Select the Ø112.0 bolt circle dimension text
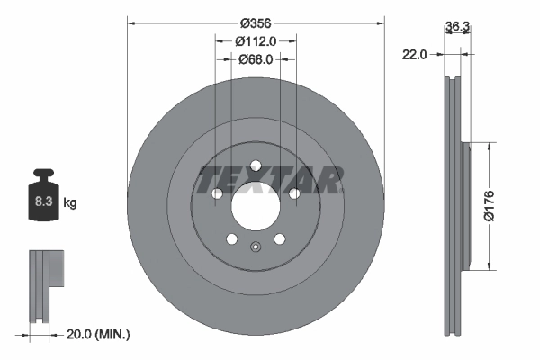pyautogui.click(x=255, y=40)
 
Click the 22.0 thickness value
pyautogui.click(x=414, y=55)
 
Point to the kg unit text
pyautogui.click(x=70, y=203)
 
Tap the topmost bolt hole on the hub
pyautogui.click(x=256, y=165)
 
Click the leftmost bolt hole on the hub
pyautogui.click(x=217, y=193)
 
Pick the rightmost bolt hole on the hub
pyautogui.click(x=293, y=193)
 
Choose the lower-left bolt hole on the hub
pyautogui.click(x=231, y=238)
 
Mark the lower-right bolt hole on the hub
pyautogui.click(x=279, y=238)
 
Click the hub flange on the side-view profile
pyautogui.click(x=464, y=205)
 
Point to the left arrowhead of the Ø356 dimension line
pyautogui.click(x=130, y=20)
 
